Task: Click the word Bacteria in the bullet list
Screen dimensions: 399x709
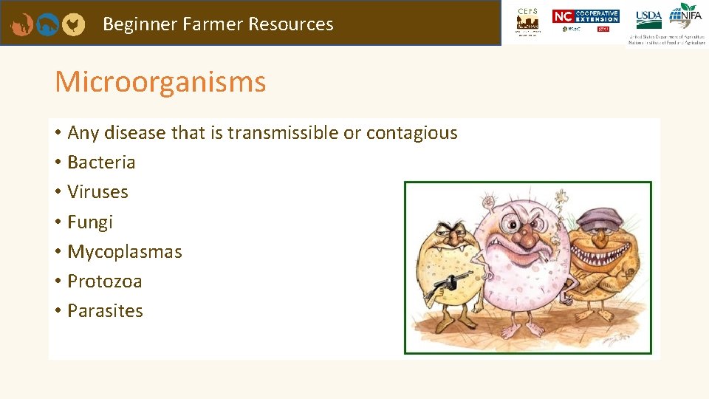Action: (101, 163)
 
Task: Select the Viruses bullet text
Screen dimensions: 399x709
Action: (97, 192)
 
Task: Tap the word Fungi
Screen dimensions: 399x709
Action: (90, 222)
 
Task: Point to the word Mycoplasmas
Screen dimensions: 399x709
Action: (124, 252)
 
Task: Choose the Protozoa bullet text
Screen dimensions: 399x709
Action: (104, 282)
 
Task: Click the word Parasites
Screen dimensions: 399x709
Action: (105, 311)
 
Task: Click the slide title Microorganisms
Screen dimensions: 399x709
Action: (160, 82)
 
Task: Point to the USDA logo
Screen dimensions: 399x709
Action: (648, 16)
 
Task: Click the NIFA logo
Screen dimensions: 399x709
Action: (686, 15)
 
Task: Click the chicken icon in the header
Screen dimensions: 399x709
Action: (72, 24)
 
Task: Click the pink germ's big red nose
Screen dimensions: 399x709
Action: (527, 236)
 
